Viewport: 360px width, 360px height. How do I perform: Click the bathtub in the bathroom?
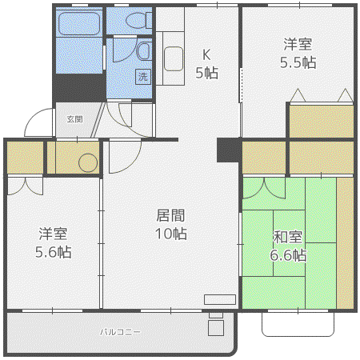pos(79,23)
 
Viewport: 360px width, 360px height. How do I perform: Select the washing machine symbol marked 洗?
pos(143,77)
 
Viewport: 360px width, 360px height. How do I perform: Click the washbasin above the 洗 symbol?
pos(144,50)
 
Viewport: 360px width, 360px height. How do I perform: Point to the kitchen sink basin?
pos(174,59)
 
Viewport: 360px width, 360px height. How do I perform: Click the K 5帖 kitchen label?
pos(206,64)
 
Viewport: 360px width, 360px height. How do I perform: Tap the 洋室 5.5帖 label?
pos(298,54)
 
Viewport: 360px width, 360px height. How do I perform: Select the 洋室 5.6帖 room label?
pos(54,242)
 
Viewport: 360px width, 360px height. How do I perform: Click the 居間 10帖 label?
pos(171,224)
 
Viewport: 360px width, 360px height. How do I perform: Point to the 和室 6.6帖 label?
pos(288,246)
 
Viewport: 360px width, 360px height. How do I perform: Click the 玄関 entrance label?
pos(75,119)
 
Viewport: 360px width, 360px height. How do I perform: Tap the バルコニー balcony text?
pos(120,332)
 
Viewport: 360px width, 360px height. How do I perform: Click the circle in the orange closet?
pos(88,163)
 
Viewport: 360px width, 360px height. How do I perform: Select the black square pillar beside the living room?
pos(227,150)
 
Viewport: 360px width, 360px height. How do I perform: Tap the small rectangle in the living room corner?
pos(220,299)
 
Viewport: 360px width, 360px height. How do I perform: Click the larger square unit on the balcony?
pos(216,328)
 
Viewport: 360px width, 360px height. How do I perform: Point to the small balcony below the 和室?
pos(298,324)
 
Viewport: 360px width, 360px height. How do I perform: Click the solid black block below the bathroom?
pos(79,88)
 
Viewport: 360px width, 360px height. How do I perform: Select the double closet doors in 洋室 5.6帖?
pos(25,186)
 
